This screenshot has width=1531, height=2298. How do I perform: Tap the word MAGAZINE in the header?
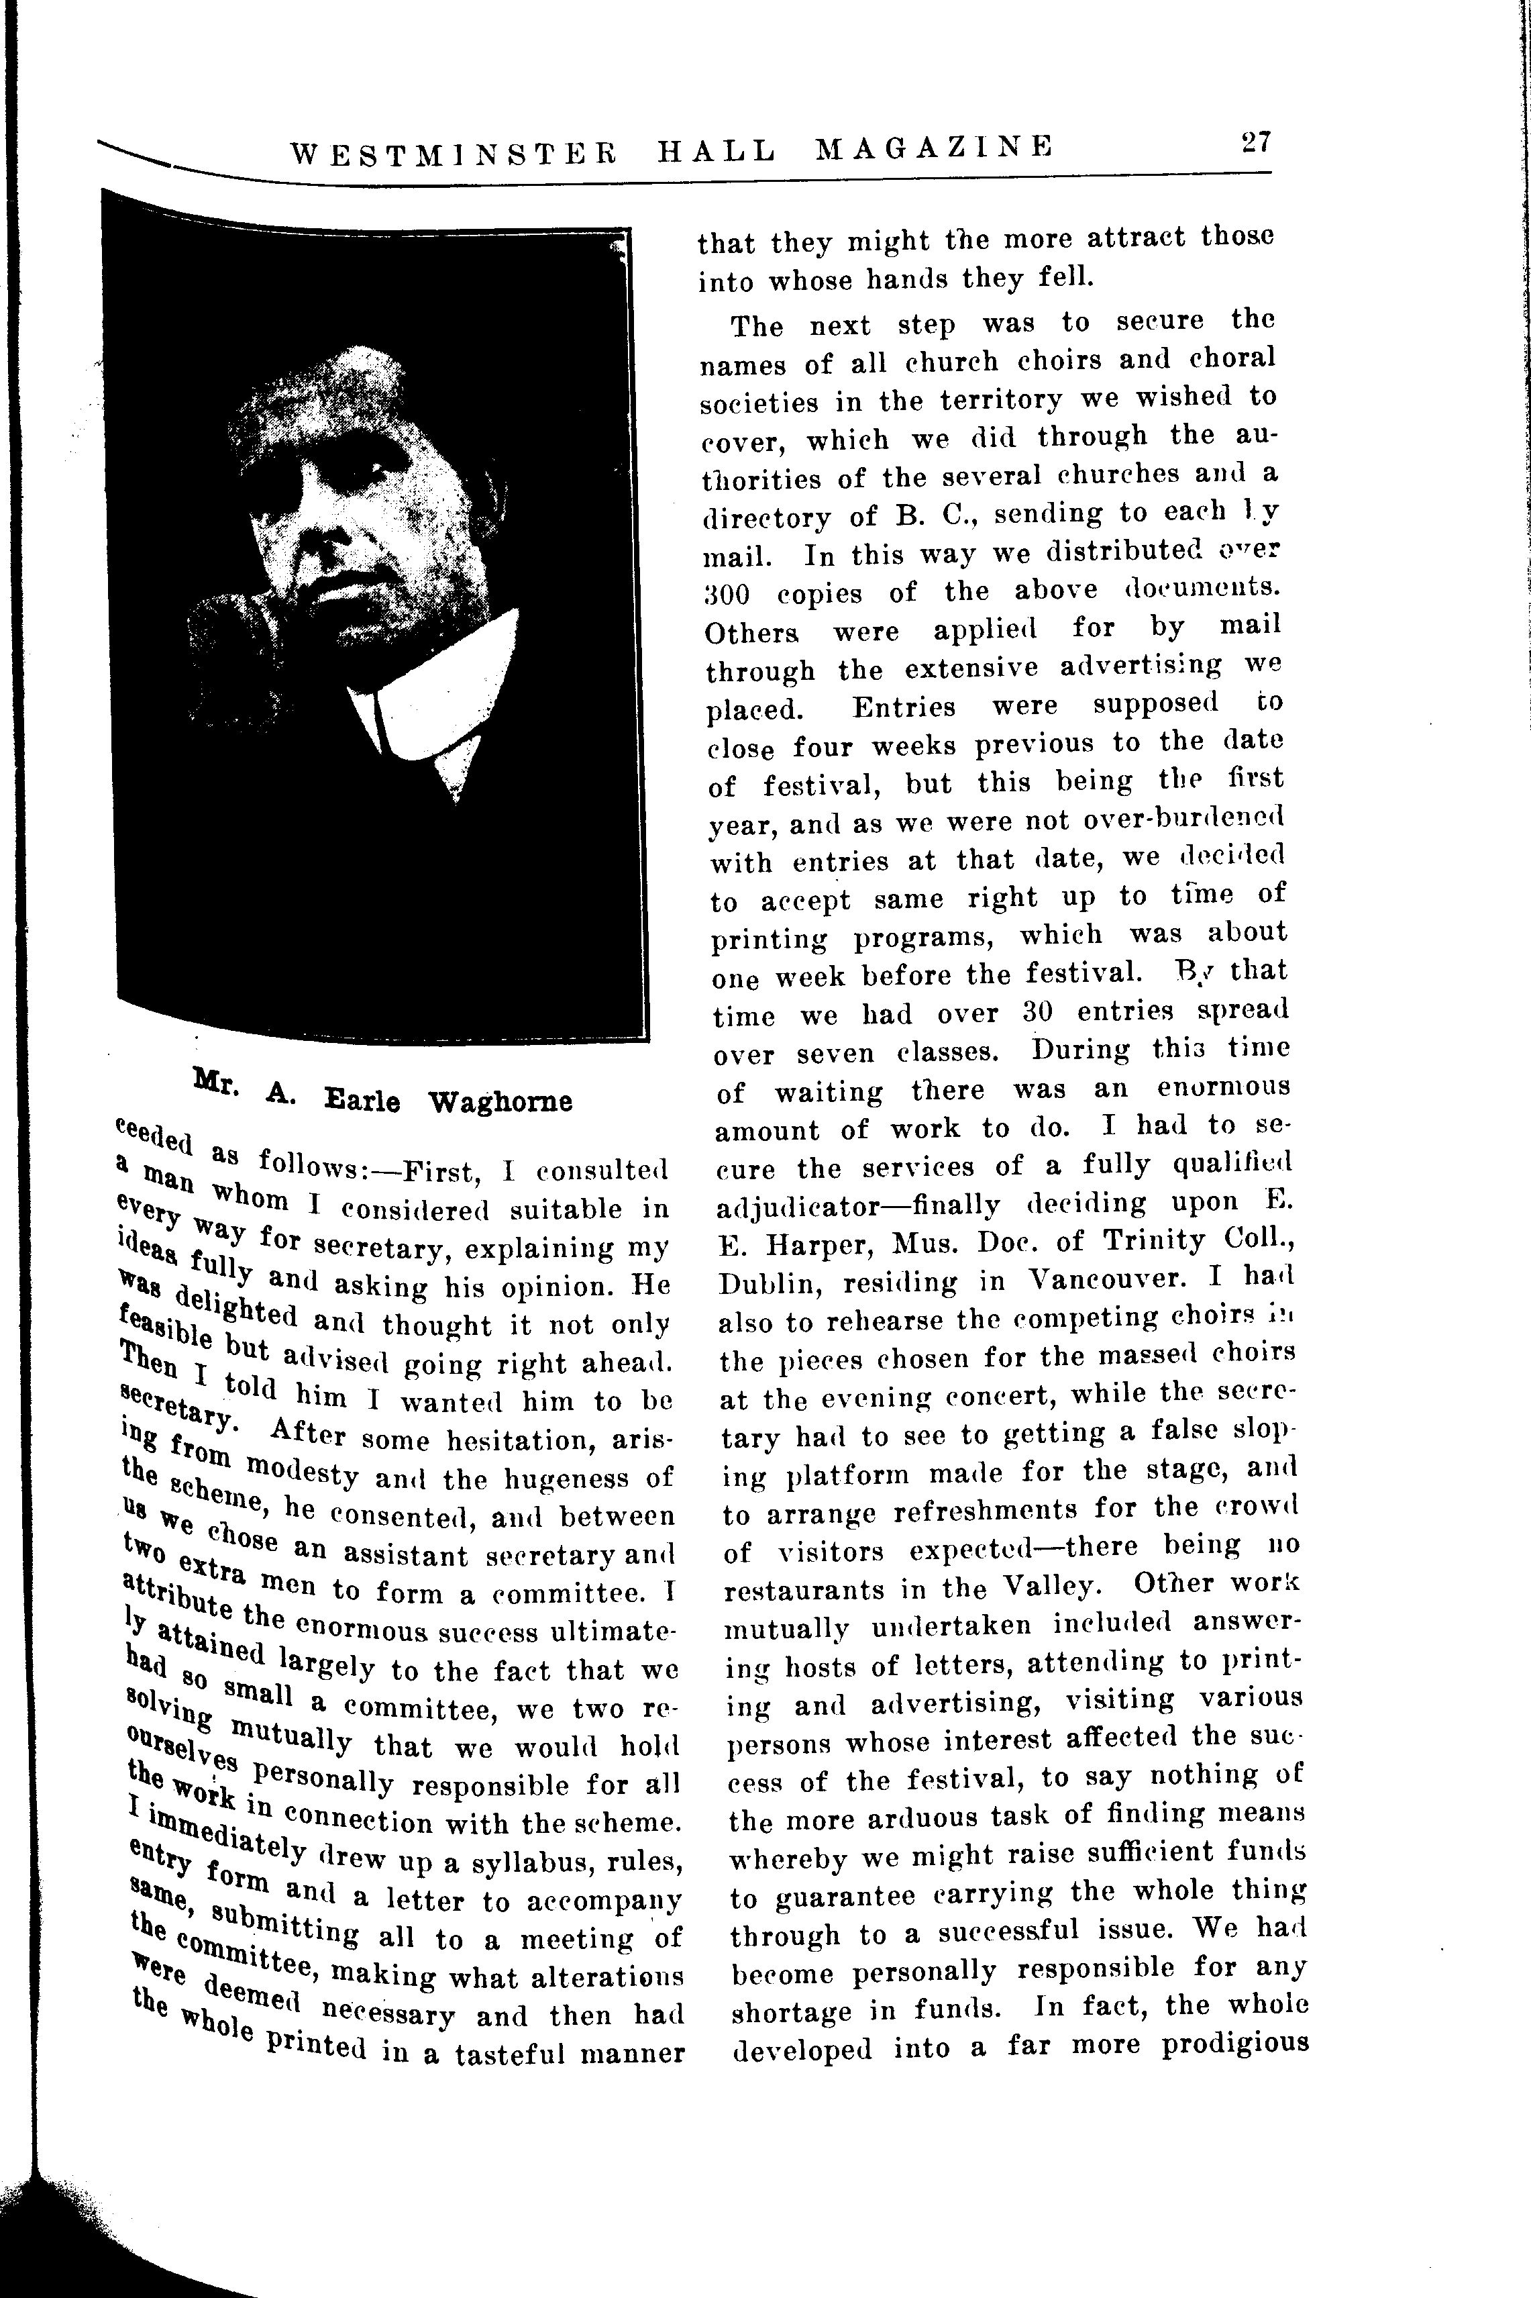[935, 148]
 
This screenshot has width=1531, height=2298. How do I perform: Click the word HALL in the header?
[717, 150]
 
